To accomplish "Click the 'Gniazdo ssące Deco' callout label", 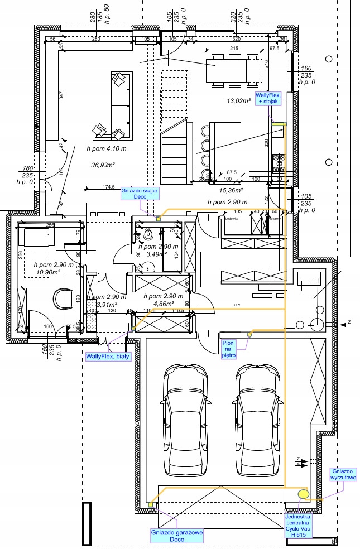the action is (x=140, y=194).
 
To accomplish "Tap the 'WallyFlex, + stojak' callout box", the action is (x=268, y=101).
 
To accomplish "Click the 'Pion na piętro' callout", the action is (x=229, y=349).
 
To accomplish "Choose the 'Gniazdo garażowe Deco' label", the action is (x=177, y=536).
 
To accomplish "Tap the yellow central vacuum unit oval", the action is (x=304, y=494).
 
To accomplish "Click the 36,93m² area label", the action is (x=103, y=165).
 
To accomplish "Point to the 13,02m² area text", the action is (x=238, y=102).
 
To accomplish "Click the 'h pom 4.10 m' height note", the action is (x=107, y=149).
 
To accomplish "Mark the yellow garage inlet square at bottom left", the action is (x=151, y=504).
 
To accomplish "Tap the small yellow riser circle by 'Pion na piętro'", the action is (x=250, y=334).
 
